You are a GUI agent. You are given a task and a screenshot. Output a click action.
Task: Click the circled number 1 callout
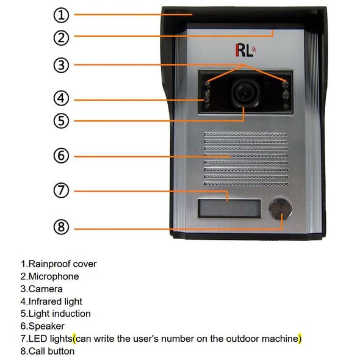coord(61,15)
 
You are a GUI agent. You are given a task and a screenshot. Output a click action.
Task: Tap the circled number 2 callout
coord(61,38)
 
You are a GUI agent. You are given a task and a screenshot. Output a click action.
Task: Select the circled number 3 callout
coord(61,65)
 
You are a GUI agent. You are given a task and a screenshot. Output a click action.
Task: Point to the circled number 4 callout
coord(61,98)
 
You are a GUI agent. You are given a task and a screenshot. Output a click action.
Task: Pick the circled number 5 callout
coord(61,121)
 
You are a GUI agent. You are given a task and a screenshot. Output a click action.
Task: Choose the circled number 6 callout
coord(61,156)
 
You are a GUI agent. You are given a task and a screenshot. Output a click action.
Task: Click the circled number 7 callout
coord(61,190)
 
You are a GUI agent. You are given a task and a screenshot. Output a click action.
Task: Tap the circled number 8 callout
coord(61,227)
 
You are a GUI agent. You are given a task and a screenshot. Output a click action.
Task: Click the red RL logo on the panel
coord(245,50)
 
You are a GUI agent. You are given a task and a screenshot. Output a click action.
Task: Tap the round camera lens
coord(245,93)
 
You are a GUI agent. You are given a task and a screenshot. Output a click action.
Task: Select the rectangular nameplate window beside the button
coord(229,209)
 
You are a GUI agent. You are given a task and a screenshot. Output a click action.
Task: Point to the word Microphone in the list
coord(54,276)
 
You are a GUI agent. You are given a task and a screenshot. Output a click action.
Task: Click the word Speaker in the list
coord(46,326)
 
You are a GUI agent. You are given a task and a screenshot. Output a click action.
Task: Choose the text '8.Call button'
coord(48,351)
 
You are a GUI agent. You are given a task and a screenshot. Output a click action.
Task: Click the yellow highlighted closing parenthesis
coord(300,339)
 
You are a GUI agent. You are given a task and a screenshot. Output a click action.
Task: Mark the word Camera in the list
coord(46,289)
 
